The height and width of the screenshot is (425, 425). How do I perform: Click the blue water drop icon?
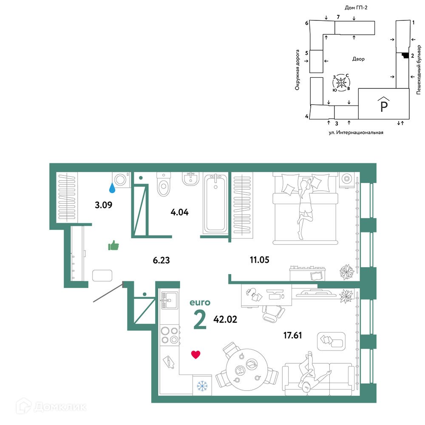click(x=112, y=187)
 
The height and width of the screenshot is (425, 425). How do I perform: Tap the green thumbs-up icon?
click(x=113, y=245)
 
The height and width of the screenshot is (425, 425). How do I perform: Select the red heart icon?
click(x=195, y=354)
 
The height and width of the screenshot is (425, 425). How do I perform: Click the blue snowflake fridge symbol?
click(x=202, y=386)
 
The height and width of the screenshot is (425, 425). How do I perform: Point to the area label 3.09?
click(x=104, y=205)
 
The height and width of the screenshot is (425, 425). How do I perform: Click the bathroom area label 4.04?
click(x=179, y=212)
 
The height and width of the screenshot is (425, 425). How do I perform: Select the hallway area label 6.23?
click(x=161, y=260)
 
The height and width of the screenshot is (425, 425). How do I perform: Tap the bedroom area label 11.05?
click(x=259, y=260)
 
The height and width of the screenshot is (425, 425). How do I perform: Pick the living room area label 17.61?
click(x=292, y=335)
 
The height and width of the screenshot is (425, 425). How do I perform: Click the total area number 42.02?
click(x=225, y=319)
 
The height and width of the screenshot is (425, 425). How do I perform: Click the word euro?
click(x=200, y=303)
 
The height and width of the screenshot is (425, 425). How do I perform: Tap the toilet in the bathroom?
click(x=164, y=184)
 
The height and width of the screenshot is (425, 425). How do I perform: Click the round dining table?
click(x=246, y=369)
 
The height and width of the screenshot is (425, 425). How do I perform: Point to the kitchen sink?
click(x=169, y=300)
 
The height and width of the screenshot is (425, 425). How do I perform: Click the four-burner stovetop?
click(x=170, y=335)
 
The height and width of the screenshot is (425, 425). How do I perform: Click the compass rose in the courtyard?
click(x=341, y=82)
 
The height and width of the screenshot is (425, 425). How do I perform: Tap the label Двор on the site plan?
click(x=358, y=59)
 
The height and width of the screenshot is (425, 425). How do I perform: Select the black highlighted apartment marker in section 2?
click(x=405, y=55)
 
